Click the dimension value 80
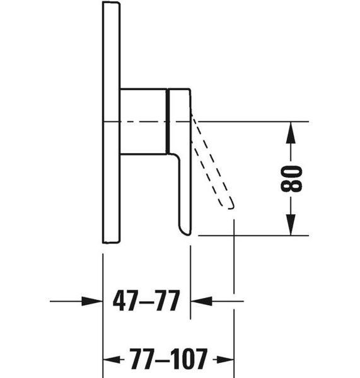(x=291, y=179)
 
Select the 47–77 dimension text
(x=146, y=301)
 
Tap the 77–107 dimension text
(x=169, y=359)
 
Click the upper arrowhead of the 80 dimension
(x=291, y=132)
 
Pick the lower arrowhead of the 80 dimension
(x=291, y=225)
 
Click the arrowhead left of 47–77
(x=92, y=301)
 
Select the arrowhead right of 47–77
(x=202, y=301)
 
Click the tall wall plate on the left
(x=111, y=122)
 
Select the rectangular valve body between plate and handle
(x=143, y=121)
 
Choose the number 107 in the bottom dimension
(x=189, y=359)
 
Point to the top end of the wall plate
(x=111, y=2)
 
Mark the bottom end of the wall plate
(x=111, y=242)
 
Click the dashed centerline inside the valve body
(x=143, y=122)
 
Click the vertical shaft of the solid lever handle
(x=185, y=193)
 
